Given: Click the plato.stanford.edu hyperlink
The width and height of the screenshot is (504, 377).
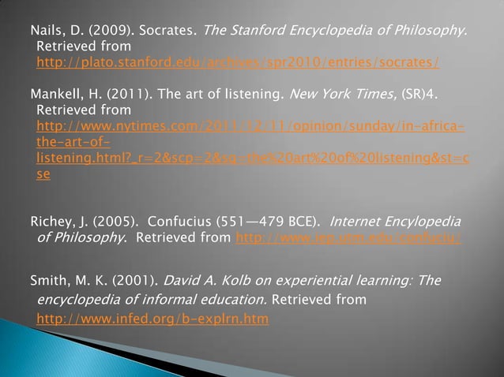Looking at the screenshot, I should click(x=238, y=62).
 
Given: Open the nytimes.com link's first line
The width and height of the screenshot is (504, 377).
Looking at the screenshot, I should click(x=250, y=127).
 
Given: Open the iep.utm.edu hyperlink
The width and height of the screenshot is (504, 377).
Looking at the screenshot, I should click(x=349, y=236).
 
